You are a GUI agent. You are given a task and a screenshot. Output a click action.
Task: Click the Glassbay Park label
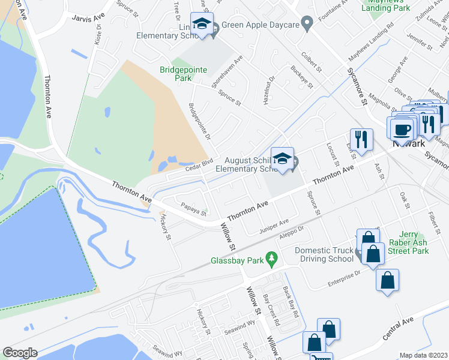click(237, 261)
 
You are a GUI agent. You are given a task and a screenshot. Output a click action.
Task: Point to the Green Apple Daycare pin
click(307, 25)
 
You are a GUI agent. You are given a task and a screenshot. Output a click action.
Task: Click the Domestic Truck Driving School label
click(324, 254)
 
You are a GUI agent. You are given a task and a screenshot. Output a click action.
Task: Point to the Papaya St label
click(194, 209)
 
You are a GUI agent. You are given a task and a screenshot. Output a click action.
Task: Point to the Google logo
click(20, 352)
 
